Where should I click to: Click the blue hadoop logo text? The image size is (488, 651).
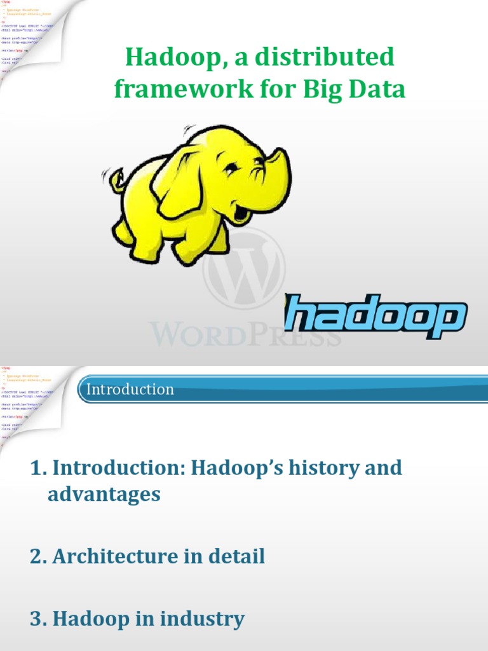click(x=375, y=316)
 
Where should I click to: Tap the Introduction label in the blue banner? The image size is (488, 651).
click(x=130, y=389)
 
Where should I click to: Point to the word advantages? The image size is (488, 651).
click(x=104, y=495)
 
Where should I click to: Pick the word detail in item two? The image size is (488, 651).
click(x=238, y=557)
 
